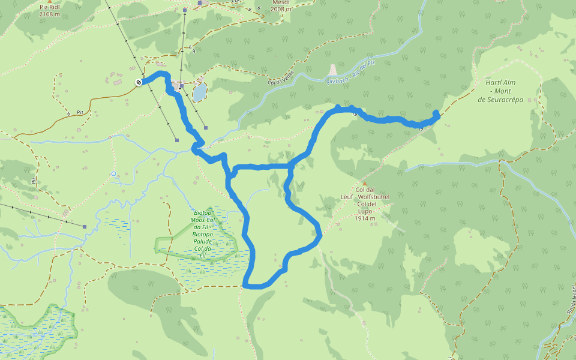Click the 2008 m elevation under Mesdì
pos(281,10)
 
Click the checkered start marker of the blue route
pos(139,82)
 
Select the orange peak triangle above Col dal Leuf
pos(364,183)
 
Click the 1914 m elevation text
pos(365,218)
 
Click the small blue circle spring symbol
pos(113,174)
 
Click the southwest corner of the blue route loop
pos(246,285)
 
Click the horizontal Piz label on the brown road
pos(79,112)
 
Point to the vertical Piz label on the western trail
pos(34,179)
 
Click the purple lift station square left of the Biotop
pos(85,226)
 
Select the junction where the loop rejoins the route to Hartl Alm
pos(290,165)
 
